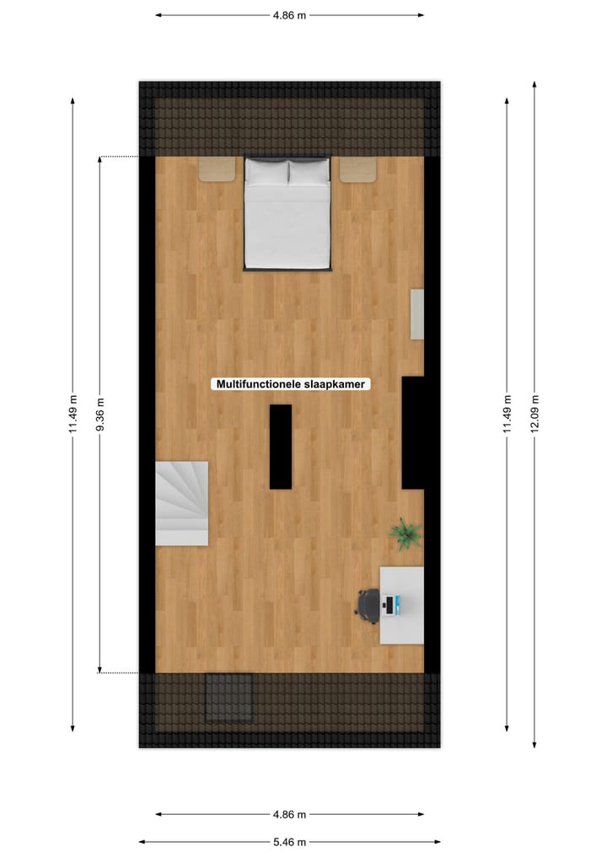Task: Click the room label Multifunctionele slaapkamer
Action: click(291, 384)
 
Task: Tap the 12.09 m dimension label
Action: click(534, 413)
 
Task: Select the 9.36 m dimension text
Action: click(100, 414)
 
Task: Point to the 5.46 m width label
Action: click(290, 841)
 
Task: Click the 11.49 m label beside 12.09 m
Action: click(507, 413)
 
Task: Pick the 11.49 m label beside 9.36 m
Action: click(73, 414)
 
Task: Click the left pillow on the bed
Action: click(267, 173)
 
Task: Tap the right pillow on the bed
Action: click(308, 173)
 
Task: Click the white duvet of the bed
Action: click(287, 226)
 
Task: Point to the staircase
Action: click(181, 503)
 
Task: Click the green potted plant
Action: click(406, 534)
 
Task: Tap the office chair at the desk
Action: click(367, 603)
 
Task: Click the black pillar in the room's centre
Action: click(281, 447)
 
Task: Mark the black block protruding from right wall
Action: click(412, 432)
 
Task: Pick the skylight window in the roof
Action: click(229, 697)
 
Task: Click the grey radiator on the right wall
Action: click(416, 314)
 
